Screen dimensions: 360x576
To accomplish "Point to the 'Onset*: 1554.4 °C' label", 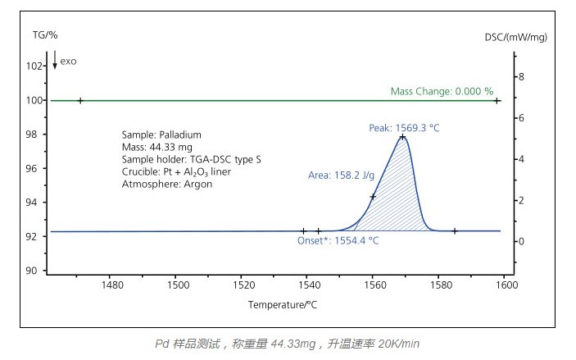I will tap(338, 240).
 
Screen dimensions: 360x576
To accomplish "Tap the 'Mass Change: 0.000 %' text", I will tap(442, 91).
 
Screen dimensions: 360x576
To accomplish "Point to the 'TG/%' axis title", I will tap(45, 35).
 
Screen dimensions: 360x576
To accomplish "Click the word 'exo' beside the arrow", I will tap(68, 62).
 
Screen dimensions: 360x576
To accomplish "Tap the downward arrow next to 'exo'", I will tap(55, 60).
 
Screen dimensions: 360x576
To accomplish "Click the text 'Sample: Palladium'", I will tap(161, 134).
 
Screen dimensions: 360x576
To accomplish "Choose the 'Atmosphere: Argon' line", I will tap(167, 184).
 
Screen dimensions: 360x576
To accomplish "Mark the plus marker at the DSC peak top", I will tap(402, 137).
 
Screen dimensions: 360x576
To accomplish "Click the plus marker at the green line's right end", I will tap(497, 101).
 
